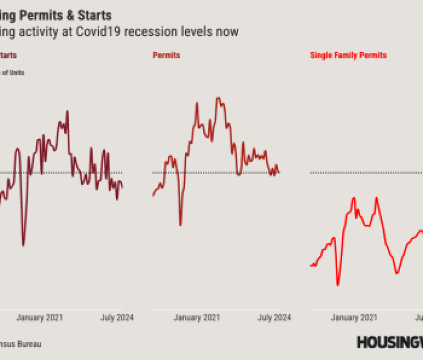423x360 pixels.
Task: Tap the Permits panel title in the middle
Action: click(x=166, y=55)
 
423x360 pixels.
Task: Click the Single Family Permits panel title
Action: click(x=348, y=55)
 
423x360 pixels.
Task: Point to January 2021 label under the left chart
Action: click(x=39, y=318)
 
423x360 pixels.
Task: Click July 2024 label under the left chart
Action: click(x=117, y=318)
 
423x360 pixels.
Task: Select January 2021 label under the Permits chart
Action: click(x=197, y=318)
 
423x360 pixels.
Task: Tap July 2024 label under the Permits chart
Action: click(x=274, y=318)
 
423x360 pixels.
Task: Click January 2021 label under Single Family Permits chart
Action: click(x=354, y=318)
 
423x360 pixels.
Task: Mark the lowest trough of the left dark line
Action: click(x=23, y=245)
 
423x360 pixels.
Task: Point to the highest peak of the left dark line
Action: click(x=68, y=111)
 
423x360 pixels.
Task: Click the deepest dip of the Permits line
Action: click(x=180, y=225)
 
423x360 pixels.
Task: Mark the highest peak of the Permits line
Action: click(x=218, y=98)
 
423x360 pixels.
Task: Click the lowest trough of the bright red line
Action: click(x=338, y=285)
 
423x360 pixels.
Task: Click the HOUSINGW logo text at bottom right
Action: click(x=389, y=342)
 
